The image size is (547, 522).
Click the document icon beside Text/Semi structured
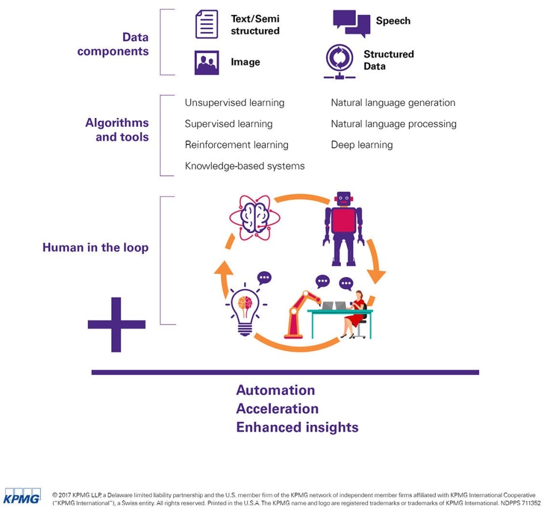coord(207,24)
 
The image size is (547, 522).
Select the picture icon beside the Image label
coord(207,63)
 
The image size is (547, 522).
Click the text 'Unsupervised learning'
coord(234,103)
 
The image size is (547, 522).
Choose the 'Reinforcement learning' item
coord(237,144)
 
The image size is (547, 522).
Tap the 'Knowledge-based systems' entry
coord(245,166)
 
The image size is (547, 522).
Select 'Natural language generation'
coord(393,103)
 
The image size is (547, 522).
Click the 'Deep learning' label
coord(362,144)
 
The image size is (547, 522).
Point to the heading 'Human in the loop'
coord(96,247)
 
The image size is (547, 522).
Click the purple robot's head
coord(344,199)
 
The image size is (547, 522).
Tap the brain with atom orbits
coord(254,218)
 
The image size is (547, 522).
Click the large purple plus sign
coord(116,325)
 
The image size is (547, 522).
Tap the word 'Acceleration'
coord(278,409)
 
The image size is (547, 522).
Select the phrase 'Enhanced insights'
coord(297,427)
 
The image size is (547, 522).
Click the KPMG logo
coord(22,496)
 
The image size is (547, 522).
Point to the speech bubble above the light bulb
coord(264,278)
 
